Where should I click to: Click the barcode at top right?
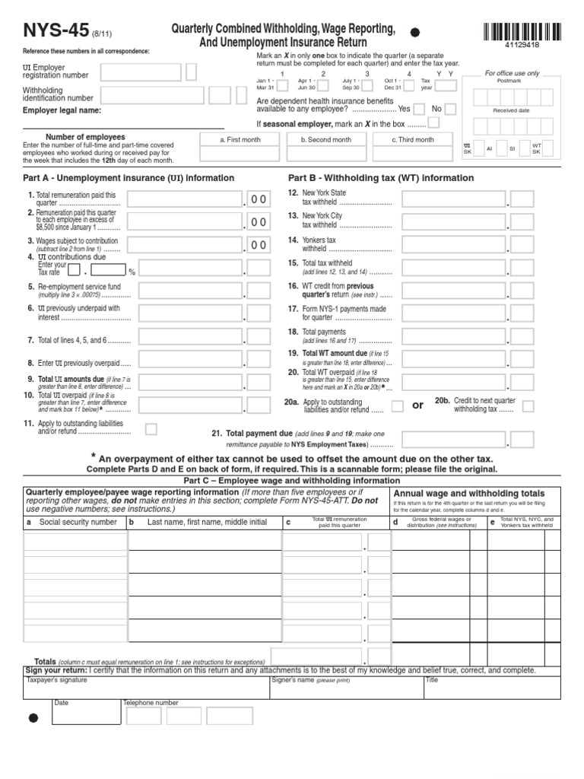tap(522, 33)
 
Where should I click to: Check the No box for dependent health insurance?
tap(450, 109)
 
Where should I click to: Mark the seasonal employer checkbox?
tap(434, 122)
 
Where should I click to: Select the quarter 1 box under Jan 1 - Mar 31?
tap(282, 86)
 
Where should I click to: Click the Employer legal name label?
tap(52, 110)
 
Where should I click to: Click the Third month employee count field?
tap(413, 154)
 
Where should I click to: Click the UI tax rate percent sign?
tap(132, 271)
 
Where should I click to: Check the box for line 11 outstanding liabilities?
tap(151, 429)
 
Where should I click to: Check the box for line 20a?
tap(397, 406)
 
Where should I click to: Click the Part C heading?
tap(292, 482)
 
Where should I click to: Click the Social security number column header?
tap(78, 523)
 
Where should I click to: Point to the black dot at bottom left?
tap(33, 717)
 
